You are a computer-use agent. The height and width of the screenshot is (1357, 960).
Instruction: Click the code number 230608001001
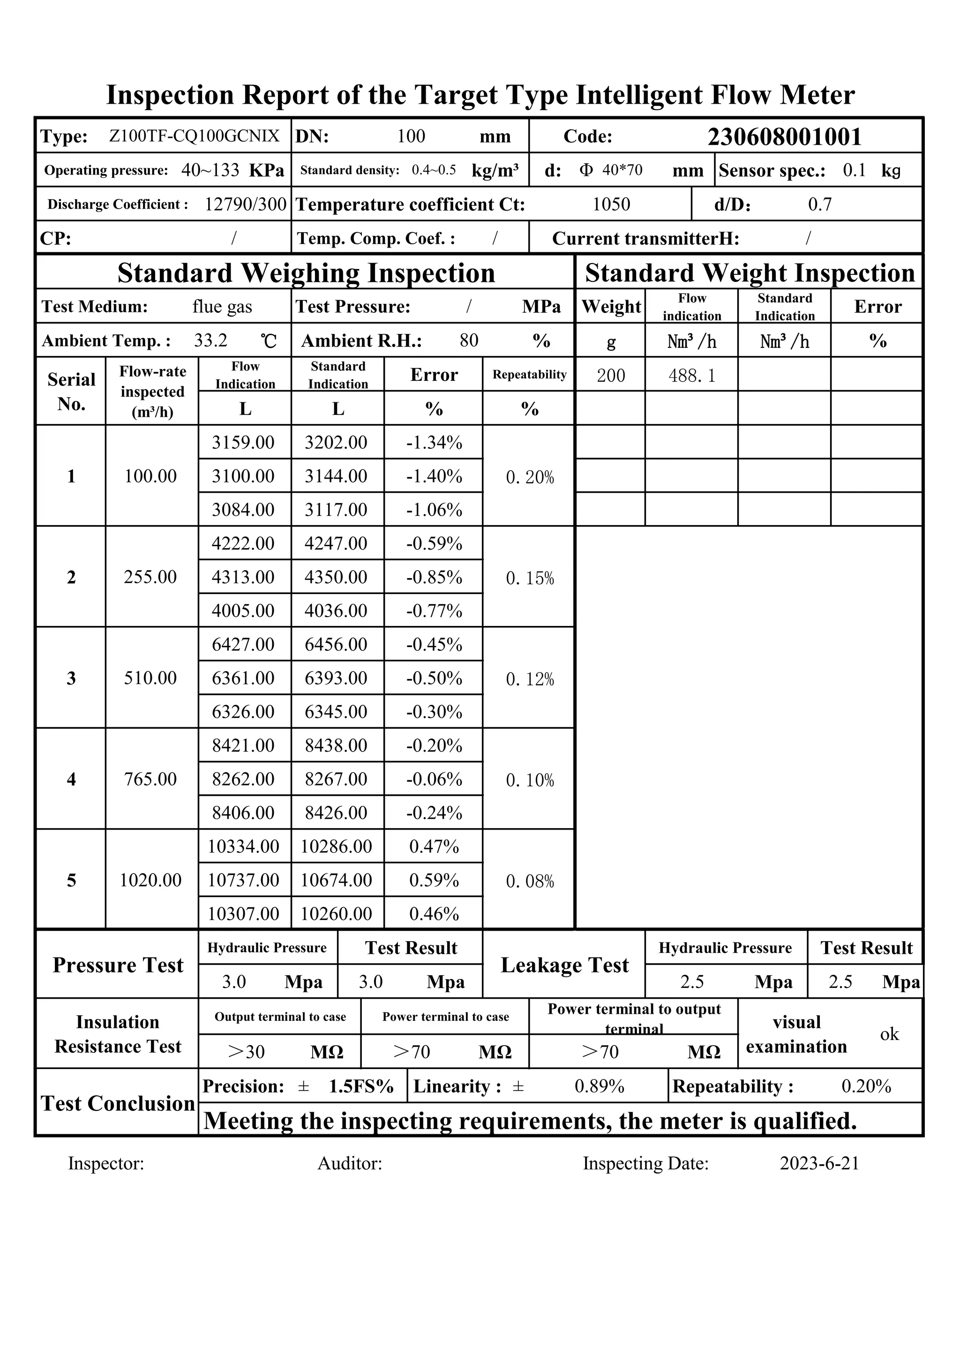point(784,136)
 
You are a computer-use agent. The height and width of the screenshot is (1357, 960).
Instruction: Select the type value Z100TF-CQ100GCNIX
point(194,136)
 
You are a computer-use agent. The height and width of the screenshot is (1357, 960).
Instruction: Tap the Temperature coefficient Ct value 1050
point(611,204)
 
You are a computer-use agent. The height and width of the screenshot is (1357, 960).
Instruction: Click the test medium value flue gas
point(222,306)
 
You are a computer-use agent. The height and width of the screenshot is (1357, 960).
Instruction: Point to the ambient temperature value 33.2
point(210,340)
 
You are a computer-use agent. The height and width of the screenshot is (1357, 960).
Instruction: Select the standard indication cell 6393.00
point(336,678)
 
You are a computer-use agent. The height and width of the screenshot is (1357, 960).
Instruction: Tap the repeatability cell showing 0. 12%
point(530,679)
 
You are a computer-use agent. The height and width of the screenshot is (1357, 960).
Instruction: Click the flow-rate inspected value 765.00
point(150,779)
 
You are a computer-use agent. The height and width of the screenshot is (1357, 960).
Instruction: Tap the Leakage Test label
point(564,965)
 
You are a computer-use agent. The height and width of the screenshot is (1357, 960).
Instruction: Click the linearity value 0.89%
point(599,1086)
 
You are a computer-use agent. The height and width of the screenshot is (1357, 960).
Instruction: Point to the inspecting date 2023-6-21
point(819,1163)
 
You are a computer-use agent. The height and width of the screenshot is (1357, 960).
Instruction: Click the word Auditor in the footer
point(349,1163)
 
